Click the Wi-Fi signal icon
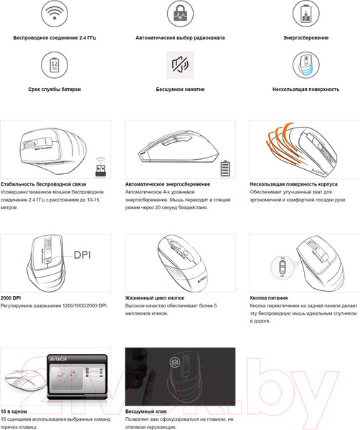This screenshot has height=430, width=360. point(55,13)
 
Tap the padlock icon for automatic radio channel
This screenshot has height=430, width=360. point(180,13)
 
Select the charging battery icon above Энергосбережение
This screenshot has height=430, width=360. point(305,13)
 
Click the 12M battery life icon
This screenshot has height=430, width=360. point(55,65)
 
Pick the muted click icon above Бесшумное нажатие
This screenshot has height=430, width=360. point(180,65)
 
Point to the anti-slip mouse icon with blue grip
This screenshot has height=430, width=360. point(305,65)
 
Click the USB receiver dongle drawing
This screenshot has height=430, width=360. point(100,167)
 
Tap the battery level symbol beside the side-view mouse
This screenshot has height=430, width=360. point(225,168)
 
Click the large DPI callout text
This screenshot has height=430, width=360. point(82,255)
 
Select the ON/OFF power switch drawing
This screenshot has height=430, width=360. point(283,267)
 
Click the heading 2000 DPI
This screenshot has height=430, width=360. point(11,298)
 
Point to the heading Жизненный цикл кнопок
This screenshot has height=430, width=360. point(155,298)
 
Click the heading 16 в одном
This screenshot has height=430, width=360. point(14,411)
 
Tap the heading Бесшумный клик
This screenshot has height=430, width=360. point(146,411)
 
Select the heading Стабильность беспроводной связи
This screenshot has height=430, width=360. point(43,184)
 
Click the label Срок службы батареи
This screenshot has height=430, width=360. point(55,89)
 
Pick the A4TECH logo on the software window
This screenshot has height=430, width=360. point(58,359)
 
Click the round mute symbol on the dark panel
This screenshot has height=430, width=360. point(174,363)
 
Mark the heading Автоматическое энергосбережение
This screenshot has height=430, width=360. point(168,184)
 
